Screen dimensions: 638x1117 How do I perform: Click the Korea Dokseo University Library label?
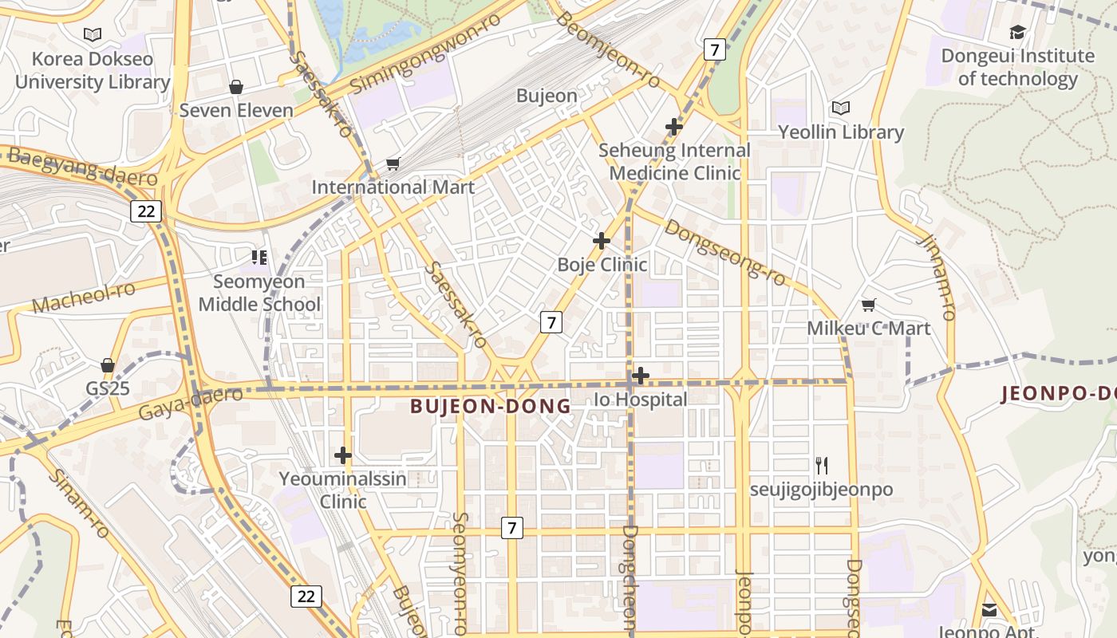click(x=93, y=70)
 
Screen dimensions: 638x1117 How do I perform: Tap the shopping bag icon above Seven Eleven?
click(x=235, y=86)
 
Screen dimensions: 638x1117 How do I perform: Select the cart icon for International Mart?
click(x=393, y=164)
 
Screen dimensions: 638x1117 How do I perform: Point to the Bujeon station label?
click(x=547, y=96)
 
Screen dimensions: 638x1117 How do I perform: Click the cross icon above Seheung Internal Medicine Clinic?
click(x=674, y=126)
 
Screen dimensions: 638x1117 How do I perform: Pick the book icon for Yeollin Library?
click(x=840, y=108)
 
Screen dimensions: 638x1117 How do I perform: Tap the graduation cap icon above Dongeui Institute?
click(x=1017, y=32)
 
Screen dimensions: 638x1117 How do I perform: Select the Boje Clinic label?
click(x=602, y=265)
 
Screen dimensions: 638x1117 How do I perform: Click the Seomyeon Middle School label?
click(x=259, y=293)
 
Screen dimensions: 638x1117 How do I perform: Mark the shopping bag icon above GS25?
click(x=108, y=366)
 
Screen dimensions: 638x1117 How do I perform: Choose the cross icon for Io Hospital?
click(x=640, y=376)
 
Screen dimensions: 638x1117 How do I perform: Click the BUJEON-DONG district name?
click(x=491, y=406)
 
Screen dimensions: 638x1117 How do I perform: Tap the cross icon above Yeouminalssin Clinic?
click(x=343, y=455)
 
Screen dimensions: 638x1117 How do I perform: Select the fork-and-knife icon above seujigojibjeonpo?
click(x=822, y=465)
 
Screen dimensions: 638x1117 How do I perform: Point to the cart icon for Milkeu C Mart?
click(x=869, y=305)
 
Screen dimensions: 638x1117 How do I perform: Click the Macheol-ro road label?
click(x=84, y=297)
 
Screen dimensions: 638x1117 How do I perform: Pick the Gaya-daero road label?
click(x=190, y=404)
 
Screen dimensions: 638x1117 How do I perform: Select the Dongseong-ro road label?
click(x=725, y=253)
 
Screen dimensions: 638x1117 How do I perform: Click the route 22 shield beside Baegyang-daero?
click(x=146, y=211)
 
